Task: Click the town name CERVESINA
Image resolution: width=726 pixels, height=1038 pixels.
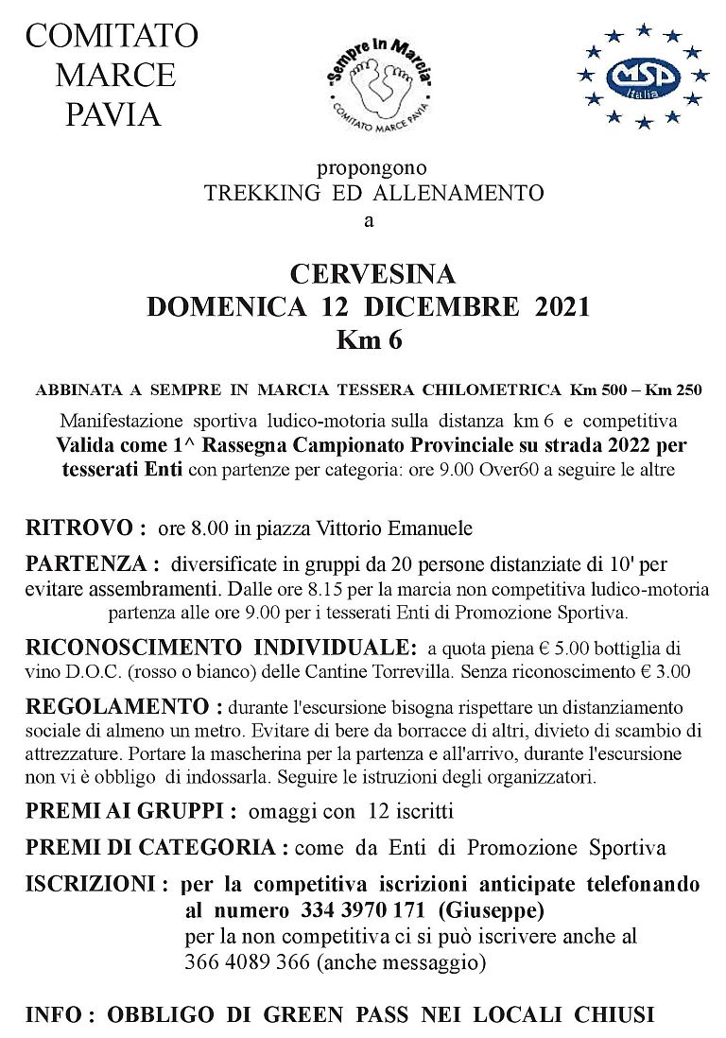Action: pyautogui.click(x=372, y=274)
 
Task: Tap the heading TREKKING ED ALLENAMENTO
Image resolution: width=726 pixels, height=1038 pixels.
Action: pyautogui.click(x=374, y=195)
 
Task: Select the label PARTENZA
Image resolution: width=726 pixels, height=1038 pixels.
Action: pyautogui.click(x=90, y=564)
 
